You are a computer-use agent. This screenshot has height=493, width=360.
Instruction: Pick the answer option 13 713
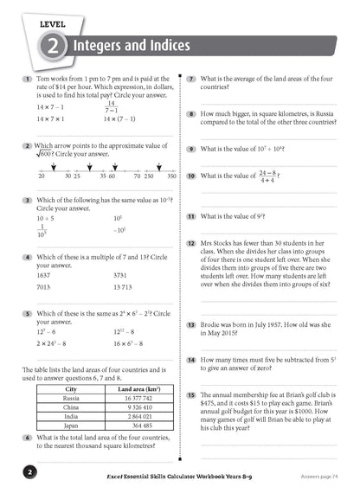point(125,287)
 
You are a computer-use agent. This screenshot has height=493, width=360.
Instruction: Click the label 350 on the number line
point(171,176)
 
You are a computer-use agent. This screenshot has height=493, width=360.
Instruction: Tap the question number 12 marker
point(190,245)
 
